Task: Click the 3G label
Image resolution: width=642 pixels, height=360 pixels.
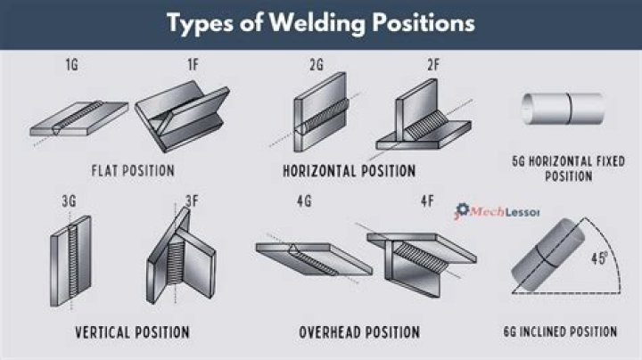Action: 69,201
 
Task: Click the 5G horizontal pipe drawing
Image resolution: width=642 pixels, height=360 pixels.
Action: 563,106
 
